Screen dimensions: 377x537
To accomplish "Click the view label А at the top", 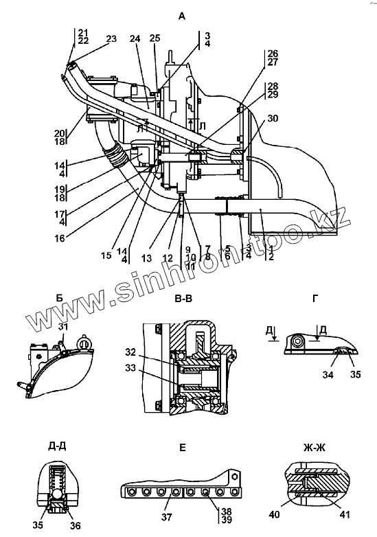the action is pyautogui.click(x=182, y=16).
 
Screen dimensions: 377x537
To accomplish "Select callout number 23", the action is pyautogui.click(x=111, y=38).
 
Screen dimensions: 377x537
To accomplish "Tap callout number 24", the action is pyautogui.click(x=135, y=38).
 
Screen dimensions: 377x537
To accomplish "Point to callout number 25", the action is pyautogui.click(x=155, y=38).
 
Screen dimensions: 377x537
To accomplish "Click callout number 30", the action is pyautogui.click(x=273, y=119).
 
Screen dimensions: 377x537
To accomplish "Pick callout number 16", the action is pyautogui.click(x=60, y=238).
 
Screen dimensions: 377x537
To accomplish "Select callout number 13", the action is pyautogui.click(x=146, y=258).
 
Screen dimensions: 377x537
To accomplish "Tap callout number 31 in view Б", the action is pyautogui.click(x=63, y=327).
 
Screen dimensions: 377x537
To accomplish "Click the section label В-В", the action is pyautogui.click(x=183, y=299).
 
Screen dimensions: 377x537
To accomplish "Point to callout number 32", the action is pyautogui.click(x=130, y=352).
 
